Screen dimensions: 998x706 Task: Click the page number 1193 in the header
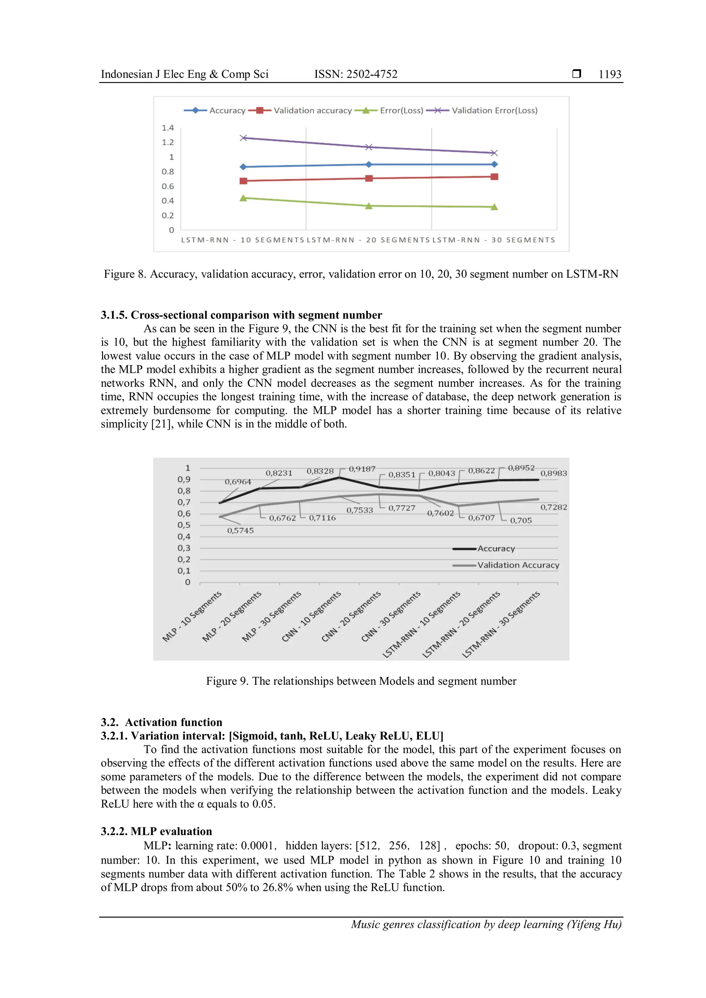(x=609, y=74)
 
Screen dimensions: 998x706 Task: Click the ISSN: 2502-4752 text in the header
(x=356, y=74)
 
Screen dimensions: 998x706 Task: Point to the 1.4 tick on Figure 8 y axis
(x=168, y=128)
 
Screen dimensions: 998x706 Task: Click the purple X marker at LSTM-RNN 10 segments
(x=243, y=138)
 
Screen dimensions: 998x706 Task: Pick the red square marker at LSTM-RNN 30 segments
(x=494, y=177)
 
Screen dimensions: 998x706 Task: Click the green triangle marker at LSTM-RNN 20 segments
(x=369, y=206)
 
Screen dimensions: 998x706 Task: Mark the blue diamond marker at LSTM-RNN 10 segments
(x=243, y=167)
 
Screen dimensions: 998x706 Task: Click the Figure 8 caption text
(x=361, y=274)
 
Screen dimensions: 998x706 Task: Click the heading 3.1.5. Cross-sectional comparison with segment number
(x=241, y=315)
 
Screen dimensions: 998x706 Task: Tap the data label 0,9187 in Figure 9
(x=362, y=469)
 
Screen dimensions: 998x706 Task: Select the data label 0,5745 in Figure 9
(x=240, y=531)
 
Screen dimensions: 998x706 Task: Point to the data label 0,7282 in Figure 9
(x=553, y=507)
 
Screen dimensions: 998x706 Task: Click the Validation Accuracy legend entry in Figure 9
(x=518, y=565)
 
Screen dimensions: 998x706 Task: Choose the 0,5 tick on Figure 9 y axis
(x=184, y=525)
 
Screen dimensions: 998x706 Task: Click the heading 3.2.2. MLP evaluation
(x=157, y=832)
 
